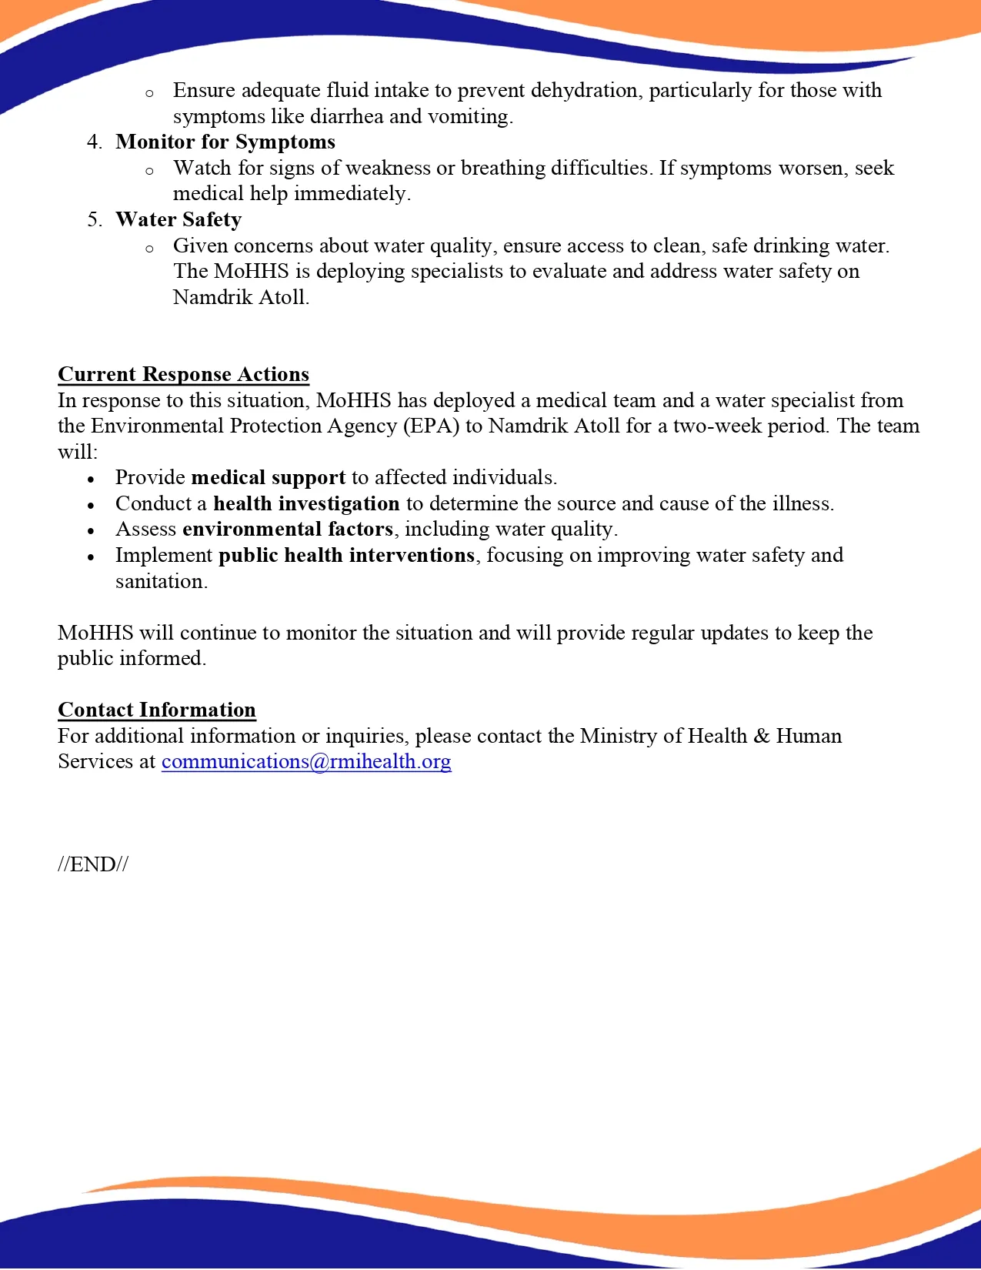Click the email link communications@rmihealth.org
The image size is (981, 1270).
pos(306,761)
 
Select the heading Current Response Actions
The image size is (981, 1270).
pos(183,374)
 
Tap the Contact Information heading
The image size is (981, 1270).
pos(157,710)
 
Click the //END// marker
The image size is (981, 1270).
pos(93,864)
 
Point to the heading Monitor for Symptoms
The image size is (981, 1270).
pos(225,142)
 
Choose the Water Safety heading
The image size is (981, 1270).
pos(179,220)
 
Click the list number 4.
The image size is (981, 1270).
pos(95,142)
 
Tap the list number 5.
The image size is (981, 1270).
pos(95,220)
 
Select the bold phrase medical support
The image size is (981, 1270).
pos(269,478)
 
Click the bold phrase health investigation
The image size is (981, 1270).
pos(306,504)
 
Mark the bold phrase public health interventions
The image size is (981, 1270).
pos(346,556)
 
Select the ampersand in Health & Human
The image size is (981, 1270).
pos(762,736)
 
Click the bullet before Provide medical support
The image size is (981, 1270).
pos(92,480)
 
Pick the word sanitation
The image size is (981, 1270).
pos(160,582)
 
